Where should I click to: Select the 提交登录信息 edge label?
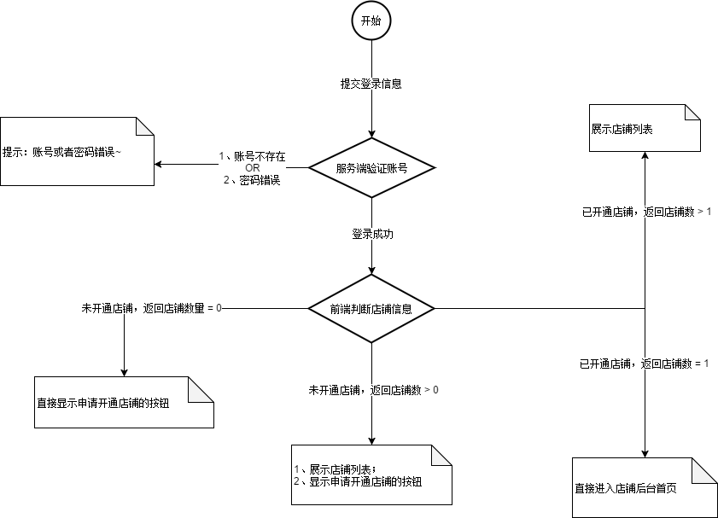(x=371, y=84)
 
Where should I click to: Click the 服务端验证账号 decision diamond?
(x=371, y=168)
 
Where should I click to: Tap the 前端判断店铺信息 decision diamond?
(x=371, y=309)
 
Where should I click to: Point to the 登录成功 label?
(x=371, y=233)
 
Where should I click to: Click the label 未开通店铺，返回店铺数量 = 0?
(x=151, y=307)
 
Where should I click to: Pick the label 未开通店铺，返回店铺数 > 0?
(x=374, y=390)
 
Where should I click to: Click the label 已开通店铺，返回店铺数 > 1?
(x=645, y=211)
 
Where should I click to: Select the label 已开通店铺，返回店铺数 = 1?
(x=645, y=364)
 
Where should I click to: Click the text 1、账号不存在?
(x=252, y=156)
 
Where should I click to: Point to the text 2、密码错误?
(x=252, y=180)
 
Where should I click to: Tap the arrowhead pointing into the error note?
(x=159, y=164)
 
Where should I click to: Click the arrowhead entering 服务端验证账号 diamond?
(x=371, y=133)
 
